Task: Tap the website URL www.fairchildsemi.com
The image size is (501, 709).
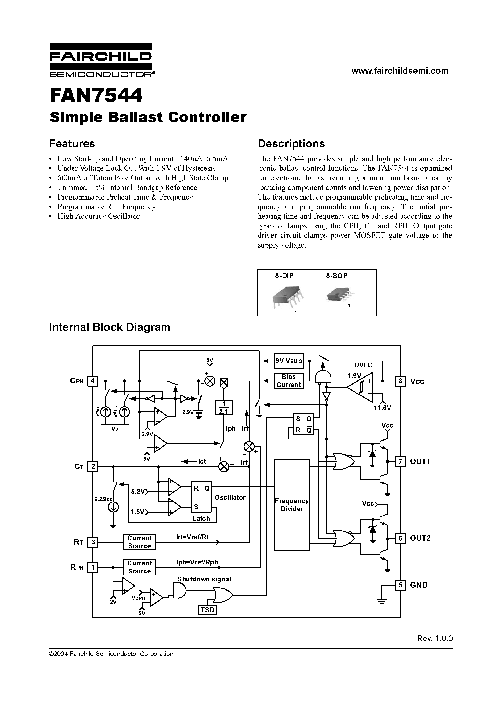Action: click(x=400, y=71)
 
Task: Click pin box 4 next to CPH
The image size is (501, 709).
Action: click(x=93, y=381)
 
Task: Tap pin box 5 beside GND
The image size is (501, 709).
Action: click(x=400, y=585)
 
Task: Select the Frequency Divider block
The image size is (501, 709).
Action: click(x=291, y=505)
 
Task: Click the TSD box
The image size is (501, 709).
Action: click(x=207, y=610)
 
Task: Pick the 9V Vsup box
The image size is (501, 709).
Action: click(x=289, y=361)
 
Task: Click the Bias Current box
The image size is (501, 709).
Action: click(x=289, y=381)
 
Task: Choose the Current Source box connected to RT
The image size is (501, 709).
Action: click(x=139, y=542)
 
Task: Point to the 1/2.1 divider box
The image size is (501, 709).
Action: click(x=223, y=408)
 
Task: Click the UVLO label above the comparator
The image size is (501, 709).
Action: click(x=363, y=365)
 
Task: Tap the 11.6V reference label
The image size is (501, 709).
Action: click(x=382, y=408)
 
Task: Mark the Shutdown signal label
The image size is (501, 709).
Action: click(x=204, y=579)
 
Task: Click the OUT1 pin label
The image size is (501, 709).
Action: click(x=420, y=461)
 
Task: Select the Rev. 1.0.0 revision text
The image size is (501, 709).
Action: click(x=435, y=638)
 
